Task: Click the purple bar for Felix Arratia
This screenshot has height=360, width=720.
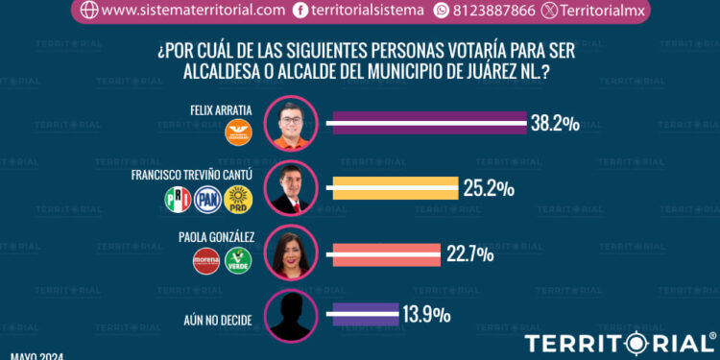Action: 428,123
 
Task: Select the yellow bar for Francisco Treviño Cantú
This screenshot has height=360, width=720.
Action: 393,188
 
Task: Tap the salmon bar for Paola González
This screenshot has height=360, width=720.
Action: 384,254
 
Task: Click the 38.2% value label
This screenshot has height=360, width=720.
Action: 554,124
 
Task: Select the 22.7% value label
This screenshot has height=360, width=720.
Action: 470,254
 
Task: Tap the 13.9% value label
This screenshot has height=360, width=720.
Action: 422,315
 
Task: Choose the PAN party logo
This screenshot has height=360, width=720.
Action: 207,200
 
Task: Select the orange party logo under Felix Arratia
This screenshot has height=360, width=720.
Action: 237,135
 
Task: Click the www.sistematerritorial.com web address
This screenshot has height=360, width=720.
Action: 192,11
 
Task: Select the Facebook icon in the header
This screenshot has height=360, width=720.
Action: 301,11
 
